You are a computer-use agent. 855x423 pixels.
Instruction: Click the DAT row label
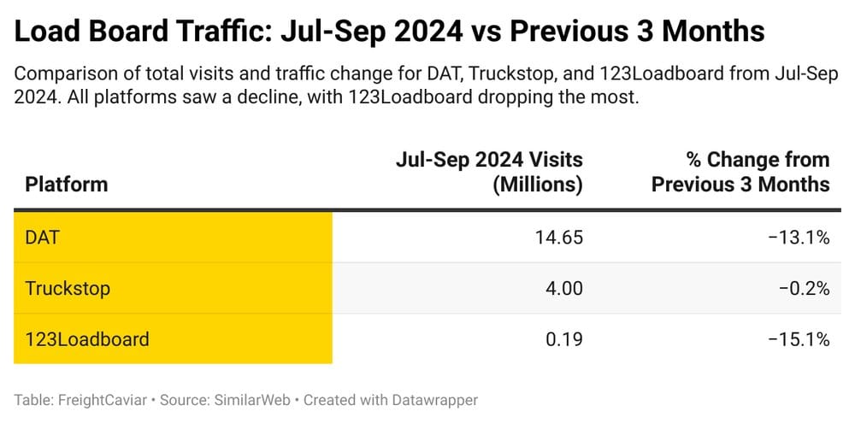43,237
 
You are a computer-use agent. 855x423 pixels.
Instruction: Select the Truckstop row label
68,288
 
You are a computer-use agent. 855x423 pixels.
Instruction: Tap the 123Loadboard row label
87,339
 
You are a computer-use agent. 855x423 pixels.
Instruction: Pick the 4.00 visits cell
563,288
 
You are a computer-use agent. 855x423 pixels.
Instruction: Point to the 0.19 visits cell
563,339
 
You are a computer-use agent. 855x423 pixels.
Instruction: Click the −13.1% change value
799,237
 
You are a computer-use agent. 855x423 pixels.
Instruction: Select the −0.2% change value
804,288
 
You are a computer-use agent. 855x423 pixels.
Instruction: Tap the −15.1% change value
799,339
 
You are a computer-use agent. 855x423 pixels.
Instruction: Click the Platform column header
67,184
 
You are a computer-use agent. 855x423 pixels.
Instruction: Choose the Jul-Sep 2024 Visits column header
489,171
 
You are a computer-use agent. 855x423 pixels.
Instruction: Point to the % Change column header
740,171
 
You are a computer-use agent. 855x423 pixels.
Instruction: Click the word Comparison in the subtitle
60,74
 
